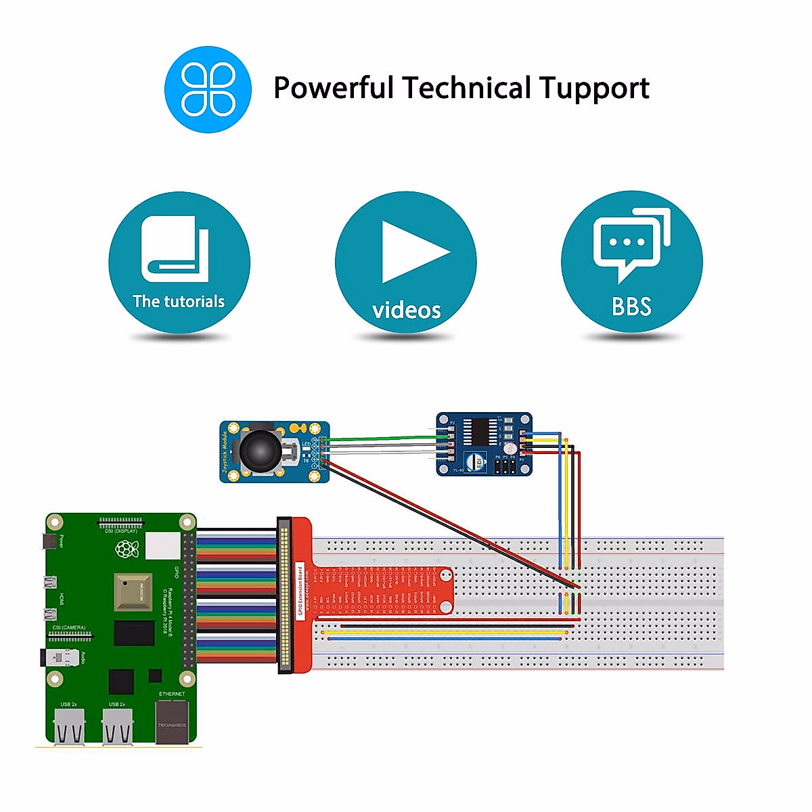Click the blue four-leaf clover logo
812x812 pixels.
(208, 89)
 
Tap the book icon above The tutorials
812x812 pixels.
(175, 249)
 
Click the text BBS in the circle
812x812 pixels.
(631, 307)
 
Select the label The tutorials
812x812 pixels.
(179, 302)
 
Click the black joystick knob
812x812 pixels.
(258, 449)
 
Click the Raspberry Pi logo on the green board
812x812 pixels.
(127, 549)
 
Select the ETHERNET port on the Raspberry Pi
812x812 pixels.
(172, 723)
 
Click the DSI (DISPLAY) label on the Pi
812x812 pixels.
(121, 531)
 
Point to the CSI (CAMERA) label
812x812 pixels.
(69, 628)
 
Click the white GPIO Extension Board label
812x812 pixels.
(300, 589)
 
